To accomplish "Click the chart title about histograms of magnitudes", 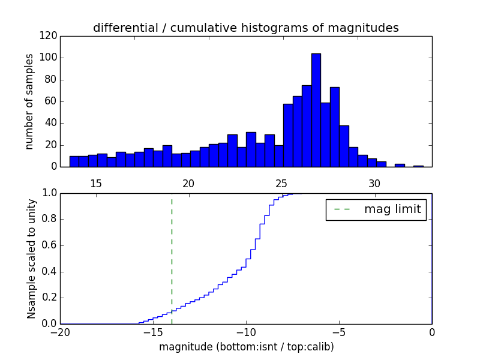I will click(x=245, y=28).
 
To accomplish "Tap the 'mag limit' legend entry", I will click(x=376, y=209).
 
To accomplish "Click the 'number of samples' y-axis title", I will click(x=29, y=101).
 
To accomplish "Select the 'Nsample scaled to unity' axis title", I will click(x=31, y=258).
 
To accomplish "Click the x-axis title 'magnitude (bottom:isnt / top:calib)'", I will click(x=246, y=347).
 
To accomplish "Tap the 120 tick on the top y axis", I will click(x=50, y=36).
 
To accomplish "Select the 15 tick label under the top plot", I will click(x=96, y=184).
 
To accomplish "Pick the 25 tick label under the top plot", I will click(x=281, y=184).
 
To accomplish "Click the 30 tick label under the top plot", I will click(x=374, y=184).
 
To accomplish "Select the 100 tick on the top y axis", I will click(x=50, y=58).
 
